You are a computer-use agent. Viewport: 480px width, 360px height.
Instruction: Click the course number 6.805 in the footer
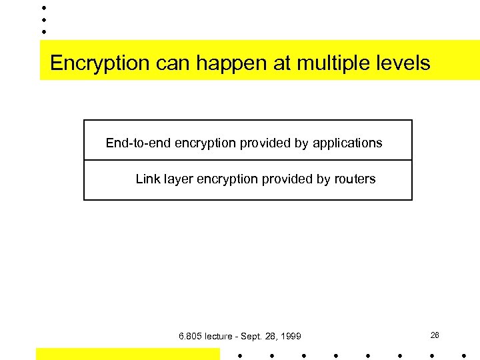point(191,336)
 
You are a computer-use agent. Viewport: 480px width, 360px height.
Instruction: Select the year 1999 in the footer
point(290,336)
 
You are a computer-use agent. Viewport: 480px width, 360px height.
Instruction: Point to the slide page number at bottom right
point(435,335)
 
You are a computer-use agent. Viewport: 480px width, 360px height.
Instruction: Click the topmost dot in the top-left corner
point(44,8)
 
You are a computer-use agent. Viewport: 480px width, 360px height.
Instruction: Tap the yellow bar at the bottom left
point(127,353)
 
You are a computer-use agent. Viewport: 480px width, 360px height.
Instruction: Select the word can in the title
point(170,64)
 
